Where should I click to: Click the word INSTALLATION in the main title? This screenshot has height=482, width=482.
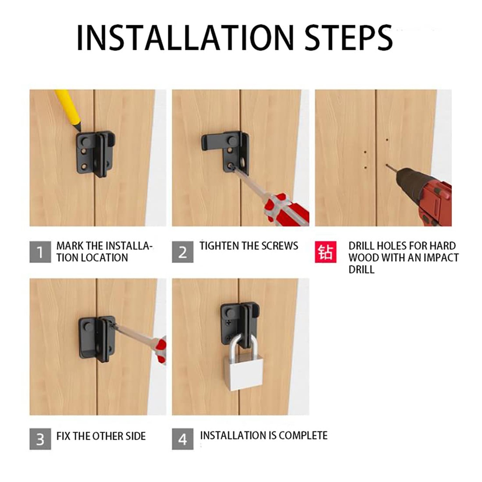point(185,37)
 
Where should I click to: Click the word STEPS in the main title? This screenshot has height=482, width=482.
point(349,37)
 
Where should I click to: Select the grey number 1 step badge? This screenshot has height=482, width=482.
point(40,252)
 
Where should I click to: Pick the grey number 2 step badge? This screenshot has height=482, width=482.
point(183,252)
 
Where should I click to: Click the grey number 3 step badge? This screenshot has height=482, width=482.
point(40,439)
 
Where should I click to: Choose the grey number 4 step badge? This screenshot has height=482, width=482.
point(183,439)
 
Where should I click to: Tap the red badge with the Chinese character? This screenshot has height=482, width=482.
point(326,252)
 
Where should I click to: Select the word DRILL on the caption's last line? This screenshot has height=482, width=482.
point(362,270)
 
